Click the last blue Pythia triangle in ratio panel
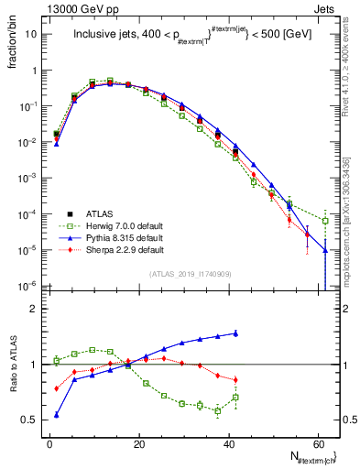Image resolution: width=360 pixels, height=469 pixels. coord(235,333)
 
